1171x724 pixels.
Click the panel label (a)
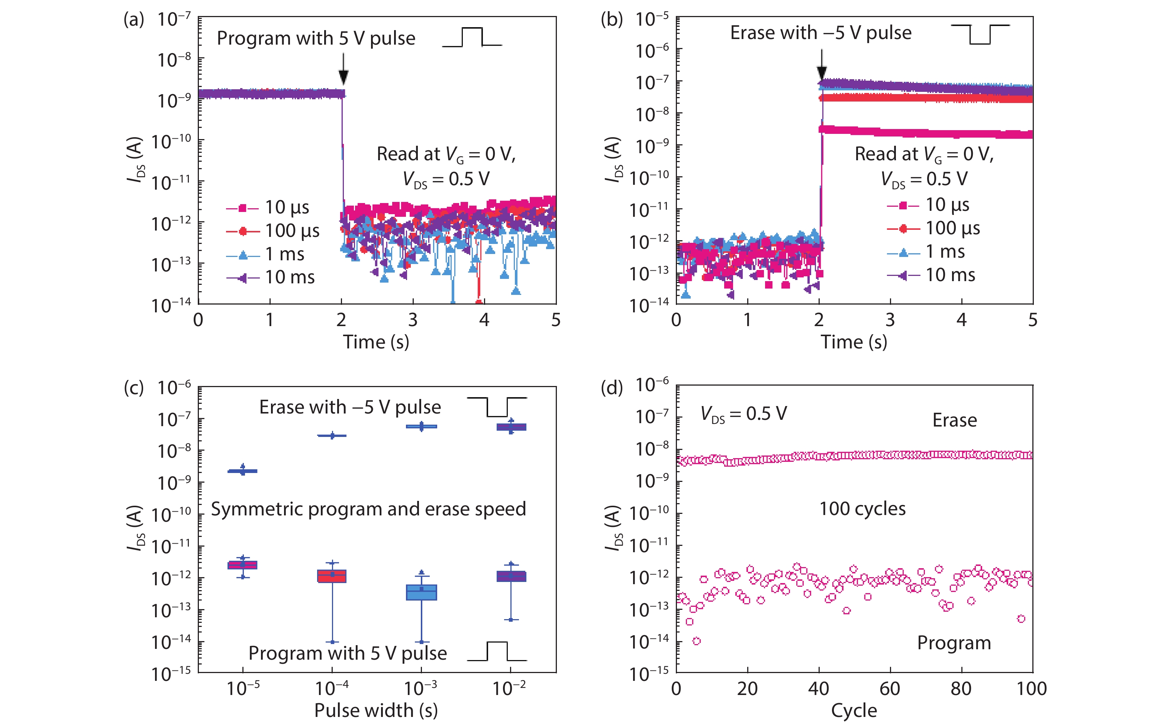tap(133, 20)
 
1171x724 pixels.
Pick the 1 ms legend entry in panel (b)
tap(926, 252)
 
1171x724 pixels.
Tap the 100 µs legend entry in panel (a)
tap(273, 231)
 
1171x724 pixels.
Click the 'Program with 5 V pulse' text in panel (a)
tap(316, 38)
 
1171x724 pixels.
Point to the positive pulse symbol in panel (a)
tap(472, 37)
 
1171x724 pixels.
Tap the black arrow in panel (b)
tap(822, 65)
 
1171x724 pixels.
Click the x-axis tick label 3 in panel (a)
tap(413, 320)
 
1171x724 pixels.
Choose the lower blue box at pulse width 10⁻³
tap(422, 592)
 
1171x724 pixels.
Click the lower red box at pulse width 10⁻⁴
tap(332, 576)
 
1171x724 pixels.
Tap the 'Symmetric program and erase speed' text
tap(368, 509)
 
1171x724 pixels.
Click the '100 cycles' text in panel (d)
tap(862, 509)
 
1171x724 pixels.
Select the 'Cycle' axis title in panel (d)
tap(854, 711)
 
